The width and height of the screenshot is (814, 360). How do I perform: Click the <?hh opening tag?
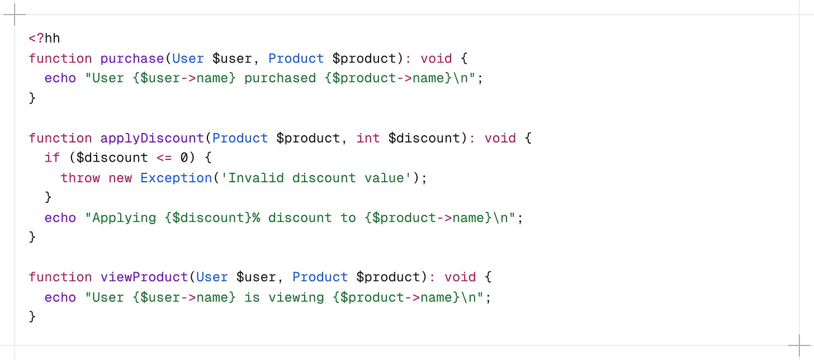click(44, 39)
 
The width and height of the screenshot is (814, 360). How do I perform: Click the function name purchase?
click(132, 59)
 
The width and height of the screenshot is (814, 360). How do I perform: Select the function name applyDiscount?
click(152, 138)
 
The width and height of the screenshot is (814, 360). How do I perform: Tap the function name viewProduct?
click(144, 277)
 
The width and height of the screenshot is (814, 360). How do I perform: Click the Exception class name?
click(176, 178)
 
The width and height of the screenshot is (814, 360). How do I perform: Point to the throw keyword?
click(81, 178)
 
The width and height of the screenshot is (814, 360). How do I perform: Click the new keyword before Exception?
click(120, 178)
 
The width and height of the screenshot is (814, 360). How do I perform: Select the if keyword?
click(52, 158)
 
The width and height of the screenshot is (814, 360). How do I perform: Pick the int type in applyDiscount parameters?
click(368, 138)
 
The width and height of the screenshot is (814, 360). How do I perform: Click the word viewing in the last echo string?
click(296, 297)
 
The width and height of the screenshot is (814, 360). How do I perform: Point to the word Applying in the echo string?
click(124, 217)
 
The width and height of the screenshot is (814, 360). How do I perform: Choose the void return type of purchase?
click(437, 59)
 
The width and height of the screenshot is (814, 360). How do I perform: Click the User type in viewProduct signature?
click(212, 277)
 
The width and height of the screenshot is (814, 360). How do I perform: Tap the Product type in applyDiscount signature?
click(240, 138)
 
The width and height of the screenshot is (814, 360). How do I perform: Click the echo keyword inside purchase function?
click(60, 78)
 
